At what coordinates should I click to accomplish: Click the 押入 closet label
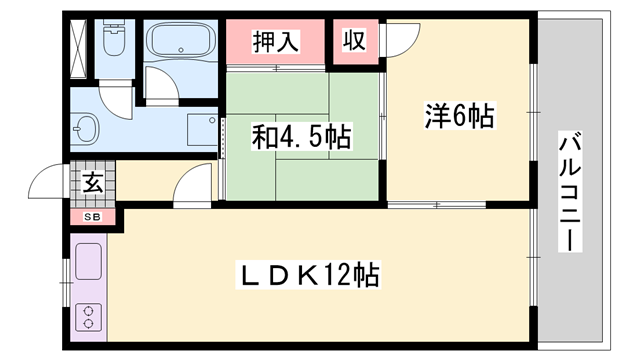click(276, 42)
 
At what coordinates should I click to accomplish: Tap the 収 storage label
click(353, 41)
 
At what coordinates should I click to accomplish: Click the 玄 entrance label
click(92, 184)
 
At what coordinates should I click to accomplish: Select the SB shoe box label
click(92, 216)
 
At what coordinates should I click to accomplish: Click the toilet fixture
click(111, 41)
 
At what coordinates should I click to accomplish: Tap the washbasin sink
click(86, 129)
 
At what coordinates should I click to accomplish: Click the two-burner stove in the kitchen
click(89, 319)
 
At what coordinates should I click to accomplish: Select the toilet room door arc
click(118, 100)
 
